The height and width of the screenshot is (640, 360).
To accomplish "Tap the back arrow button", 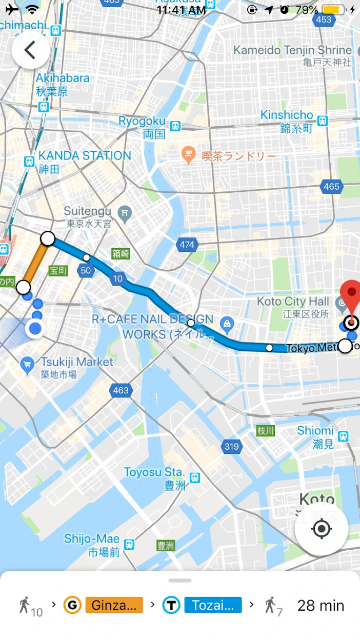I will (x=30, y=50).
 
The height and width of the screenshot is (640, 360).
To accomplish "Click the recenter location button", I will (x=322, y=529).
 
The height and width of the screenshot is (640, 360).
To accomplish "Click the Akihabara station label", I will (x=62, y=78).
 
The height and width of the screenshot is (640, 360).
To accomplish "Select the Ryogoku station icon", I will (x=176, y=126).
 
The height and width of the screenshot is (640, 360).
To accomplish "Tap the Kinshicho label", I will (x=287, y=115).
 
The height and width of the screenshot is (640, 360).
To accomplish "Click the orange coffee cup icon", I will (x=189, y=154).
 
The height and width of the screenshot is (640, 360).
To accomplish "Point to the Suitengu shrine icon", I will (x=125, y=212).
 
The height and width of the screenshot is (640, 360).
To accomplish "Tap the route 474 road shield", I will (x=187, y=245).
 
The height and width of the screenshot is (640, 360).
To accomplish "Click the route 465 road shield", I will (x=331, y=187).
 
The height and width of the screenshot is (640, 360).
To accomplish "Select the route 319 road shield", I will (x=232, y=447).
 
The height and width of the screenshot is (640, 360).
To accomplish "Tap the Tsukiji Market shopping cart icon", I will (x=27, y=365).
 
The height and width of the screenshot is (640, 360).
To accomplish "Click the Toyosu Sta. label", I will (x=154, y=472).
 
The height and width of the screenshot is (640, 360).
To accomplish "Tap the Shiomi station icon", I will (x=344, y=436).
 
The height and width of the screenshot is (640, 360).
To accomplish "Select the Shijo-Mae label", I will (x=91, y=539).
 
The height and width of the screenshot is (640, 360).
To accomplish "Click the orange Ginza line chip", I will (x=114, y=605).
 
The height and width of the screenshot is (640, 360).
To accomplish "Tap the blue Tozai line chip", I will (x=213, y=605).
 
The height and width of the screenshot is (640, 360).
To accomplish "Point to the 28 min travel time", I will (x=321, y=605).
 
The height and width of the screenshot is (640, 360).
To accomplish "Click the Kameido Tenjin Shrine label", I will (x=293, y=50).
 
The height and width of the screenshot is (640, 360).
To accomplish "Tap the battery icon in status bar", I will (x=333, y=10).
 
